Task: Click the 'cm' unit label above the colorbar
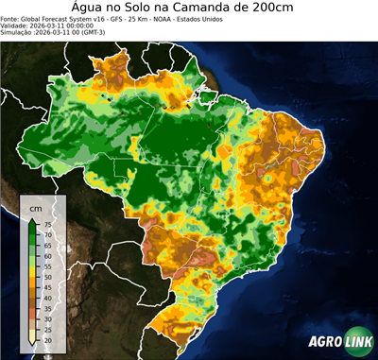(36, 207)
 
